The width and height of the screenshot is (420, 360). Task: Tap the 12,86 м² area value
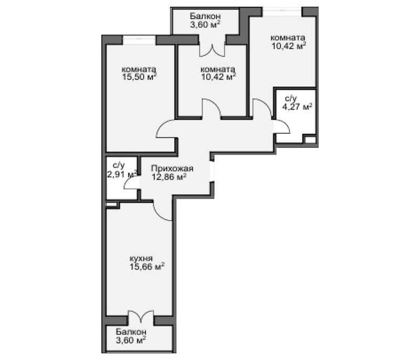click(169, 177)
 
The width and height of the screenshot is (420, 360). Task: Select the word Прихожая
click(172, 169)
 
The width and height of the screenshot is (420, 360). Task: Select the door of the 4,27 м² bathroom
click(280, 126)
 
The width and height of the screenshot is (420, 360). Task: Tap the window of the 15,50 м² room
click(139, 38)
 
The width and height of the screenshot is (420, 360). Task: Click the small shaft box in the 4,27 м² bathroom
click(310, 141)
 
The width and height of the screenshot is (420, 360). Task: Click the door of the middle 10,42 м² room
click(212, 108)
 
